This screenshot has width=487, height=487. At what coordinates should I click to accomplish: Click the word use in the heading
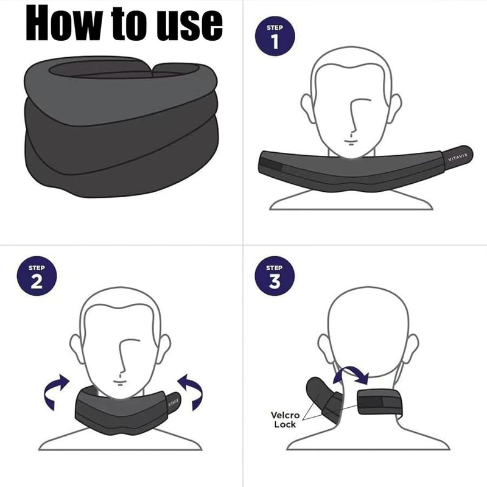tap(187, 24)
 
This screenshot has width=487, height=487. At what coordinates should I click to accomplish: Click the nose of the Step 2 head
tap(122, 362)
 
